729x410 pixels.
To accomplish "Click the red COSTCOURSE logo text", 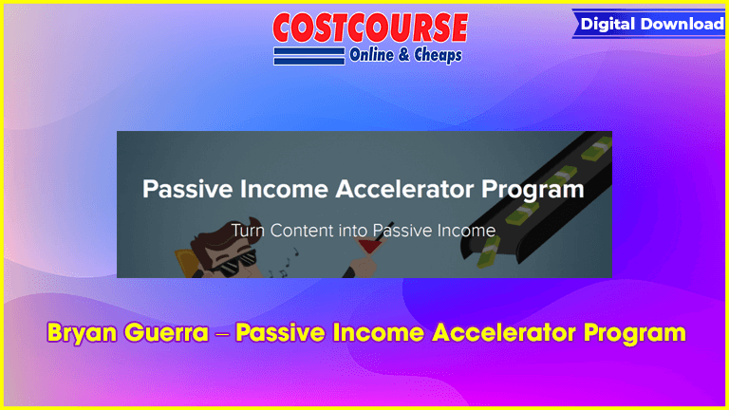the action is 370,28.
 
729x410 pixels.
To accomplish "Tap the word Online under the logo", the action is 371,55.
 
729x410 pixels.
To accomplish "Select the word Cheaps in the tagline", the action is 438,56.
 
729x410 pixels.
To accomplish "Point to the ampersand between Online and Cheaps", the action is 404,55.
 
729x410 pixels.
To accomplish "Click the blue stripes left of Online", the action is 309,56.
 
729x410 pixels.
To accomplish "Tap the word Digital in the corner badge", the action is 608,24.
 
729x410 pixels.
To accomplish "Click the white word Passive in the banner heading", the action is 187,189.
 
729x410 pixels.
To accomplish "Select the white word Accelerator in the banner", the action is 404,189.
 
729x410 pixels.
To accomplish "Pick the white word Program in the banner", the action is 533,190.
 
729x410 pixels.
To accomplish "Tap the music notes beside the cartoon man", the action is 286,264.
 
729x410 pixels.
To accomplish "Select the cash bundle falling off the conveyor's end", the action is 488,251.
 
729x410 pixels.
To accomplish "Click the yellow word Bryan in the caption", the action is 82,333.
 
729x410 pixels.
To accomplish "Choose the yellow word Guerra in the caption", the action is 166,333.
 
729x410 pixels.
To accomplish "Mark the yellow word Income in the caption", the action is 378,333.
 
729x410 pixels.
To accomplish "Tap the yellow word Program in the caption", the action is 635,334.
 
